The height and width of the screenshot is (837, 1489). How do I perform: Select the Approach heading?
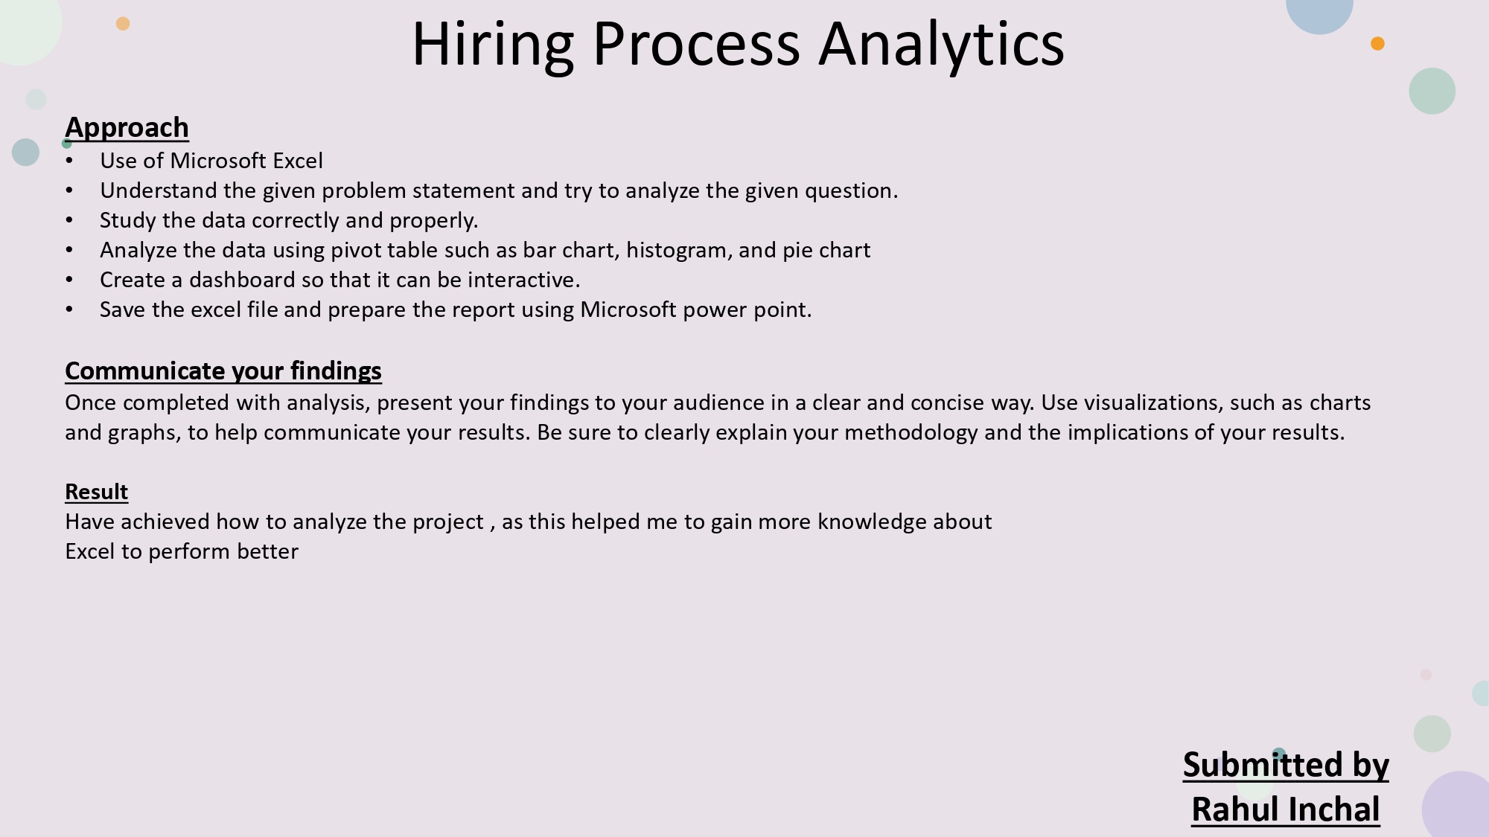pos(127,128)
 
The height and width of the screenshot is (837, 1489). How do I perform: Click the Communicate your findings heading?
pos(223,371)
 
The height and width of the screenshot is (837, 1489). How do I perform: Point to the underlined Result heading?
pos(97,492)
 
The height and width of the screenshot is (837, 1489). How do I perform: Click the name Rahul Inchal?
pos(1286,809)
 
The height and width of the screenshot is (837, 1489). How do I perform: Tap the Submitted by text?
pos(1286,765)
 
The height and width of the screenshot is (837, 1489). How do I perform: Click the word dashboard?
pos(242,280)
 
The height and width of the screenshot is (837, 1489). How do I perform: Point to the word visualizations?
pos(1152,403)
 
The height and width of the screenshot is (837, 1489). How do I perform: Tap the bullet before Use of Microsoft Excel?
pos(69,161)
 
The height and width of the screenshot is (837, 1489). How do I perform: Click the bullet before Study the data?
pos(69,220)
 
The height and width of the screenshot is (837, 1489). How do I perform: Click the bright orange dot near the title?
pos(1377,44)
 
